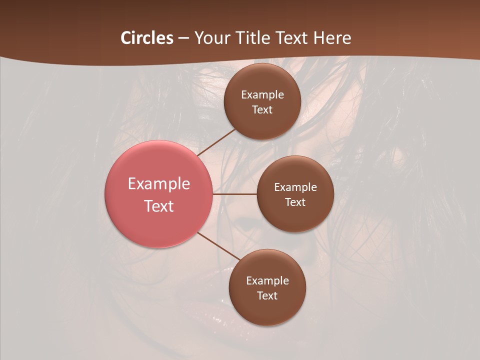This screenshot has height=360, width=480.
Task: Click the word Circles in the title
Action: [x=146, y=38]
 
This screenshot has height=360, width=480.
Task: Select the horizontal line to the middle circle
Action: [x=234, y=194]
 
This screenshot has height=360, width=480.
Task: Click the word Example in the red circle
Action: [x=159, y=184]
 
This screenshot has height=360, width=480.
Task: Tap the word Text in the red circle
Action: [x=159, y=206]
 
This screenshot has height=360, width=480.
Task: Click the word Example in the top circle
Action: [x=262, y=95]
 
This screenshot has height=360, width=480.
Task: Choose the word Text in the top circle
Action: [x=262, y=110]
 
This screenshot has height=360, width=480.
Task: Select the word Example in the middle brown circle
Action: [x=295, y=187]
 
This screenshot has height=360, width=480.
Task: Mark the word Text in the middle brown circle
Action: [x=295, y=202]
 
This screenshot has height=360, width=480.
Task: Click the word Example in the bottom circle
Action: [x=267, y=281]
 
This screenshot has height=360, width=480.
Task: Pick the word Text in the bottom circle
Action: [x=267, y=296]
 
